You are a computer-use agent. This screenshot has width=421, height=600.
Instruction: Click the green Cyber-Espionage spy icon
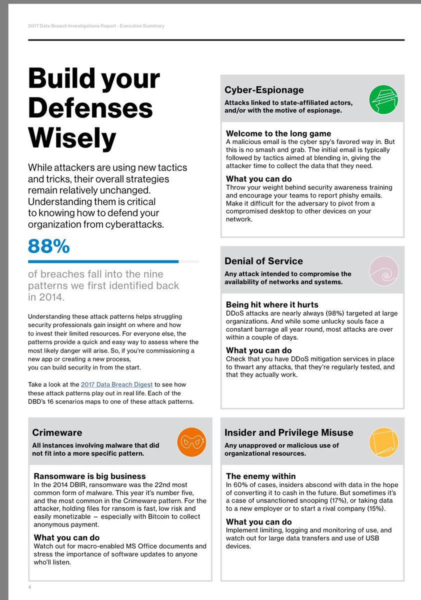[x=383, y=99]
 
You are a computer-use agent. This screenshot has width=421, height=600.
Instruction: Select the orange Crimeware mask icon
[x=192, y=442]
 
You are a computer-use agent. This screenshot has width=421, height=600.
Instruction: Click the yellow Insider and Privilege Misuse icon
[x=383, y=442]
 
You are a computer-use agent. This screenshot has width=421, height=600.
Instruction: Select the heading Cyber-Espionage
[x=264, y=90]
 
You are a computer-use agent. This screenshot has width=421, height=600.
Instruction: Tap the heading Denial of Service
[x=263, y=261]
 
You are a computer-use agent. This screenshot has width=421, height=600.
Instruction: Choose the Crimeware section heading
[x=57, y=432]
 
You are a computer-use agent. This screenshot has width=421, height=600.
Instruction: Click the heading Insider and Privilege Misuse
[x=289, y=432]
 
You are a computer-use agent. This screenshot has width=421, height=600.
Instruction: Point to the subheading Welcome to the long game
[x=278, y=133]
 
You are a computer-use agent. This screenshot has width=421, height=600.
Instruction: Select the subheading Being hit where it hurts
[x=272, y=304]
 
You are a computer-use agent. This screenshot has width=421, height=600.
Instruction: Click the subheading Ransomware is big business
[x=89, y=476]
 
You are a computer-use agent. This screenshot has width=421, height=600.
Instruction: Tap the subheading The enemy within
[x=261, y=476]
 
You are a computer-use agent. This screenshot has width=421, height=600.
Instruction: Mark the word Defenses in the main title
[x=90, y=108]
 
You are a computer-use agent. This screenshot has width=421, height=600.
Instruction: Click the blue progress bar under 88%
[x=103, y=261]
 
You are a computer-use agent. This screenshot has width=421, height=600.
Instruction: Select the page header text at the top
[x=96, y=26]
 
